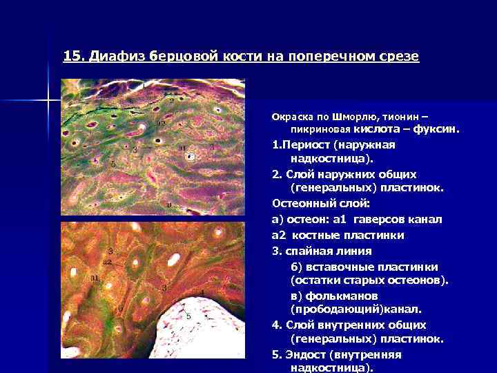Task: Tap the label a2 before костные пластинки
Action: pyautogui.click(x=280, y=236)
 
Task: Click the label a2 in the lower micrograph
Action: pyautogui.click(x=107, y=262)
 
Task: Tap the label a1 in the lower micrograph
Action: pyautogui.click(x=94, y=277)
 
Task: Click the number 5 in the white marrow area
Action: pyautogui.click(x=188, y=316)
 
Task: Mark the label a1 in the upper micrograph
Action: pyautogui.click(x=182, y=148)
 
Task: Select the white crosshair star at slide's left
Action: pyautogui.click(x=49, y=102)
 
